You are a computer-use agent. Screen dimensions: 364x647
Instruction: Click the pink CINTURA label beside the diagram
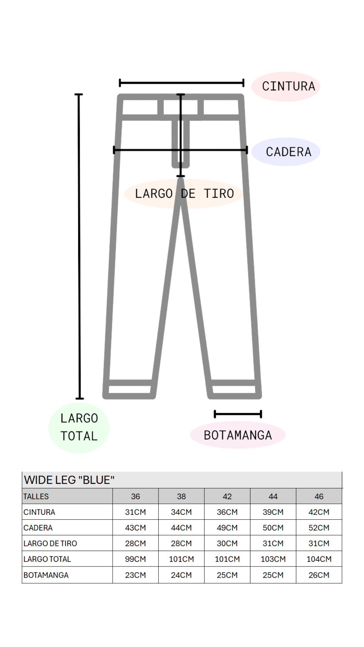[286, 87]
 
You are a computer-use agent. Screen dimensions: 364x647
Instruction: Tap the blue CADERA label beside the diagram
[286, 152]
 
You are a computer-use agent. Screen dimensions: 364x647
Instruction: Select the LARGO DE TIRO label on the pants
[184, 194]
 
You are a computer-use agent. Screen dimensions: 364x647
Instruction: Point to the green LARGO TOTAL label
[79, 427]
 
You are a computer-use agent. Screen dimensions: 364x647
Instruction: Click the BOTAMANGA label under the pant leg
[238, 435]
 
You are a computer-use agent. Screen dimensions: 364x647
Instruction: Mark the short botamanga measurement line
[238, 414]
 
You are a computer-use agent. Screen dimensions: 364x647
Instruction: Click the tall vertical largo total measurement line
[79, 246]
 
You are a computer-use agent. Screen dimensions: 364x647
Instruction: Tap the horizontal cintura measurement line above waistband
[182, 83]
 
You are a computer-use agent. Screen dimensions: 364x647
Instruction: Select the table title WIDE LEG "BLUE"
[69, 480]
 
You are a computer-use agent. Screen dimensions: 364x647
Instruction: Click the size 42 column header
[227, 496]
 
